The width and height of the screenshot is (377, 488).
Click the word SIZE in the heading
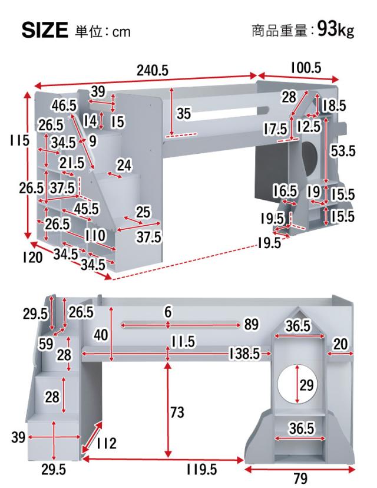pyautogui.click(x=45, y=30)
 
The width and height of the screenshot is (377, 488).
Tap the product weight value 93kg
pyautogui.click(x=336, y=29)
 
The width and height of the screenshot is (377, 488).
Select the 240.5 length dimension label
pyautogui.click(x=153, y=71)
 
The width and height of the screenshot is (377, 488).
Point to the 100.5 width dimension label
pyautogui.click(x=306, y=68)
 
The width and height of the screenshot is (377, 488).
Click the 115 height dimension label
pyautogui.click(x=19, y=140)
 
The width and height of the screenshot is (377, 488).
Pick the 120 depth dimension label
pyautogui.click(x=32, y=257)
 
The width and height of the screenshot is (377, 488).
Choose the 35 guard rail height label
pyautogui.click(x=184, y=113)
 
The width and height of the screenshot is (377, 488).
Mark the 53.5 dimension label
pyautogui.click(x=342, y=151)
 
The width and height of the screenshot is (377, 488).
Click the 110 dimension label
pyautogui.click(x=95, y=235)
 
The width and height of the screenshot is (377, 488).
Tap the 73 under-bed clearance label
pyautogui.click(x=177, y=413)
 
